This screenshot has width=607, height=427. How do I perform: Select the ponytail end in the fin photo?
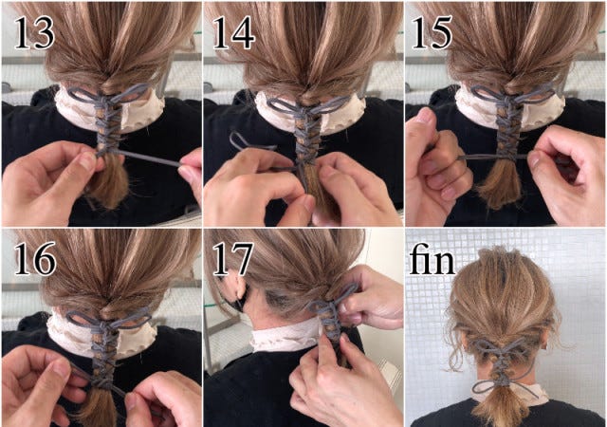(x=503, y=408)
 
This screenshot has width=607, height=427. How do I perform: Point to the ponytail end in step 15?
(x=499, y=190)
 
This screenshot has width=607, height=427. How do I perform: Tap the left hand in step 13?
(x=47, y=180)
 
